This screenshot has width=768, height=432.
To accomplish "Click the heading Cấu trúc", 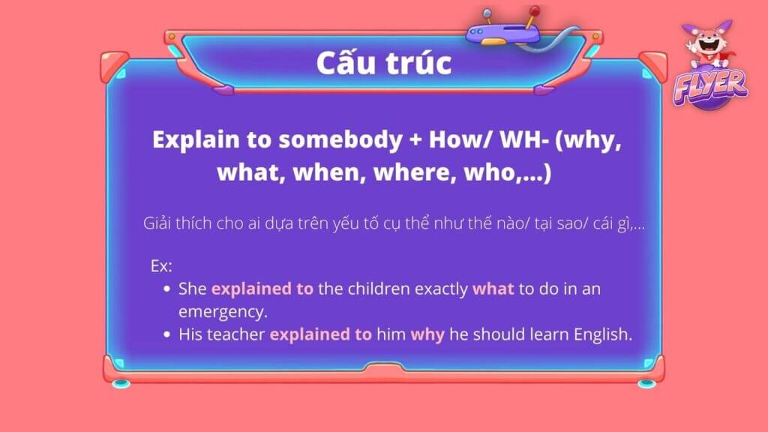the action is (383, 62).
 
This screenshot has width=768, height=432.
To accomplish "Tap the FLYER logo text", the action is (710, 87).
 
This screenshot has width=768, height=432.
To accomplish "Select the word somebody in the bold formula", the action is (340, 139).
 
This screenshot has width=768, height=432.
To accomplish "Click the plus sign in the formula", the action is (415, 140).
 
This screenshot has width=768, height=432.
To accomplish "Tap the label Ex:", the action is (161, 266).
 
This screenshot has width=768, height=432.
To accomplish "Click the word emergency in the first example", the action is (223, 312).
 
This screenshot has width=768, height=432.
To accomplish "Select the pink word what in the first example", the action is (493, 289).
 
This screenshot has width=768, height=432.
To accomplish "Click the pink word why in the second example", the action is (427, 335).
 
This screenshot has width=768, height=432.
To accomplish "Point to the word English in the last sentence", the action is (603, 334).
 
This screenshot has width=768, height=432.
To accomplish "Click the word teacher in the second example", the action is (236, 334).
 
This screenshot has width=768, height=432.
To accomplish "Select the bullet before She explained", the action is (167, 289).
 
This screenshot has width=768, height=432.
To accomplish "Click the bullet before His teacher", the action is (167, 334).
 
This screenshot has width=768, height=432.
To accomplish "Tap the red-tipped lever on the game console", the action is (532, 16).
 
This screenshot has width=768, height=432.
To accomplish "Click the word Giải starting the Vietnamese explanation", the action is (157, 223).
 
